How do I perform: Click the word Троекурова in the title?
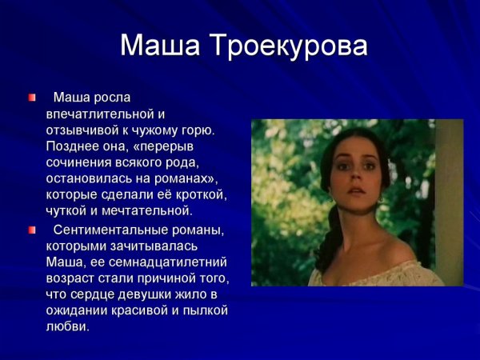coord(293,46)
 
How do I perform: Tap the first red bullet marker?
coord(32,98)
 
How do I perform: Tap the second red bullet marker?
coord(32,230)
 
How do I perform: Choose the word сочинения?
coord(82,162)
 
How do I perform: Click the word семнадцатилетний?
coord(158,262)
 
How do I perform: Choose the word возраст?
coord(73,278)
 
